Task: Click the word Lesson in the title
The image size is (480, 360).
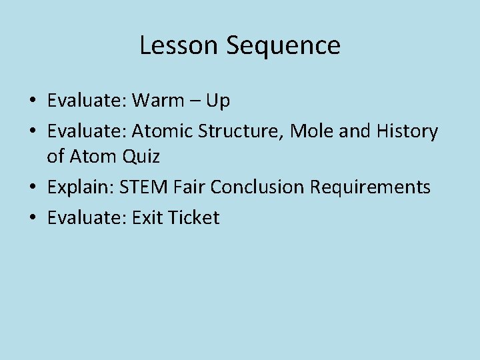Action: [x=179, y=46]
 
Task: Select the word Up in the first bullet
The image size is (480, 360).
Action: [x=217, y=101]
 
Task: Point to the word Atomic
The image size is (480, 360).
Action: [x=163, y=132]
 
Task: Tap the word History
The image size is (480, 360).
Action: [x=407, y=132]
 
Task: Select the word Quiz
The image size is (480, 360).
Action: [x=140, y=157]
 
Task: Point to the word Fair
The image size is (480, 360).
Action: [x=188, y=187]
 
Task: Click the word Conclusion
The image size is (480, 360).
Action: [x=259, y=187]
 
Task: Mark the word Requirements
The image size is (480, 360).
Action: [x=371, y=187]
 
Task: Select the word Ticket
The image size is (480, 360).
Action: [x=195, y=218]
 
